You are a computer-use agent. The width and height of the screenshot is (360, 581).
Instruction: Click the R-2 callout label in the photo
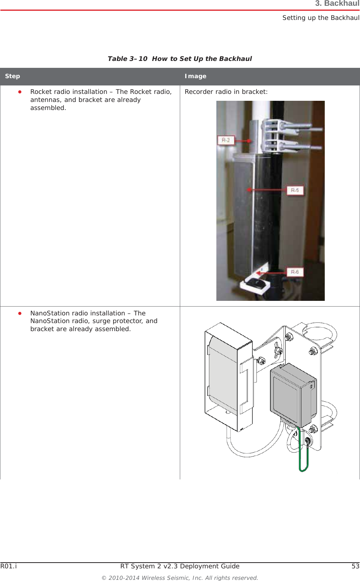point(225,140)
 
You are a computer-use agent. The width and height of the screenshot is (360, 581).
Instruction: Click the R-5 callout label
point(295,190)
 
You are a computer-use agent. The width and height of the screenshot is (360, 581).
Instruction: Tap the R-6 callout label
point(295,272)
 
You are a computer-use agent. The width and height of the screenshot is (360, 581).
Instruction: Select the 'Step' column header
point(13,76)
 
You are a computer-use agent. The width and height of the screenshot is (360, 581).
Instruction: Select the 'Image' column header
point(196,76)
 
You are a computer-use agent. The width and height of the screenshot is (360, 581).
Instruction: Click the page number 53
point(355,566)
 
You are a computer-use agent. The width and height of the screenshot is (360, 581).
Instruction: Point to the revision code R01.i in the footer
point(8,566)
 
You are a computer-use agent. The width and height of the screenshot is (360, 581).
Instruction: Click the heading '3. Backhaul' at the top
point(337,4)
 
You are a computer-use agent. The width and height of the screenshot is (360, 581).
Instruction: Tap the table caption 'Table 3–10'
point(127,59)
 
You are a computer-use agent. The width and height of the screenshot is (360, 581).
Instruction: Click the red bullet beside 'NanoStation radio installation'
point(20,313)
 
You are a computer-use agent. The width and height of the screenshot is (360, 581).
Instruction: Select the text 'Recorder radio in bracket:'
point(226,92)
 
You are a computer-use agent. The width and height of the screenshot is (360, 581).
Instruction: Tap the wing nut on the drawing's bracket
point(278,350)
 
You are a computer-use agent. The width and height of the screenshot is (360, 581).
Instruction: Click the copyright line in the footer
point(180,578)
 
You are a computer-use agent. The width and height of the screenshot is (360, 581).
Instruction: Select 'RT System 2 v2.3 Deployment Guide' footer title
point(180,566)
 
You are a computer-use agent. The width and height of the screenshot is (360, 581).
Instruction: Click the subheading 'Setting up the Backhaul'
point(321,18)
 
